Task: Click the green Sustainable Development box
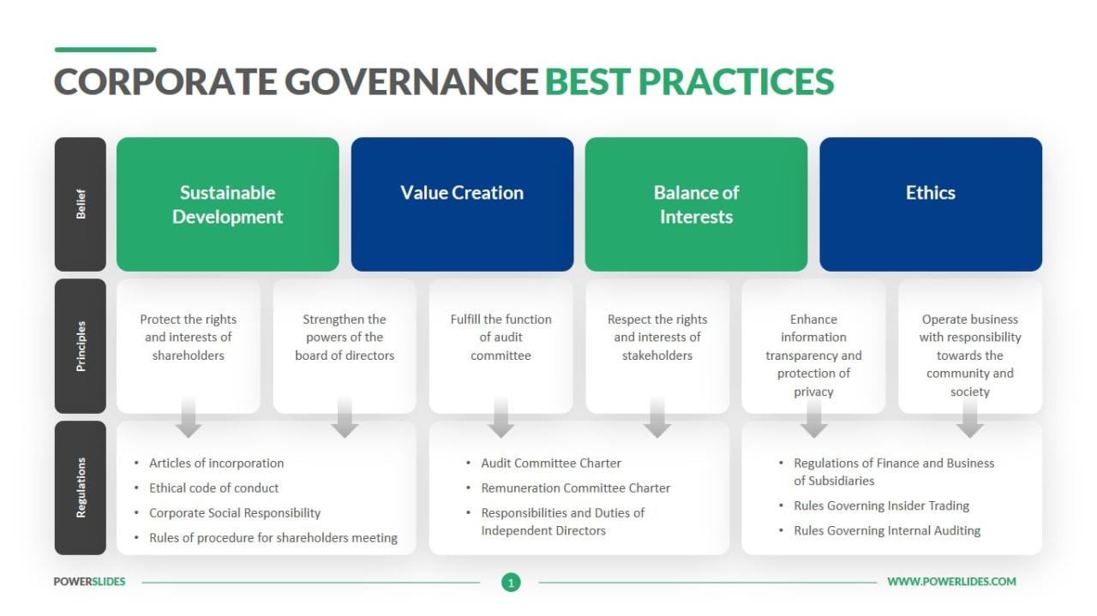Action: [228, 204]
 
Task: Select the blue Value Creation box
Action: [462, 204]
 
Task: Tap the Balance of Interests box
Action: [696, 204]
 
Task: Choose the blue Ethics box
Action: [931, 204]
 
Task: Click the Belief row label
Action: [81, 204]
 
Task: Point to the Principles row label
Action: [81, 346]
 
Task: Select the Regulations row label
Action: [81, 487]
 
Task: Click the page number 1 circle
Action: [511, 583]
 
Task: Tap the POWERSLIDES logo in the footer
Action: [89, 582]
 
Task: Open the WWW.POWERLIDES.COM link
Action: [951, 582]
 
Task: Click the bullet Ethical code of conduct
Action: [213, 488]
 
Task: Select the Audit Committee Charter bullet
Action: [550, 463]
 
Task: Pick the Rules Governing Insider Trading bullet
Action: [881, 505]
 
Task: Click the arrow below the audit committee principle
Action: [501, 417]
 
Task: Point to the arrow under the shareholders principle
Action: [189, 417]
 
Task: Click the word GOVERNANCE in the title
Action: [411, 81]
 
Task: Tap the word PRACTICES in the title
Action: [736, 81]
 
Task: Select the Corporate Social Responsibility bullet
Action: [235, 513]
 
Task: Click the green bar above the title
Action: [105, 50]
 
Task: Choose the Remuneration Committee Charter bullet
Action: [575, 488]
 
